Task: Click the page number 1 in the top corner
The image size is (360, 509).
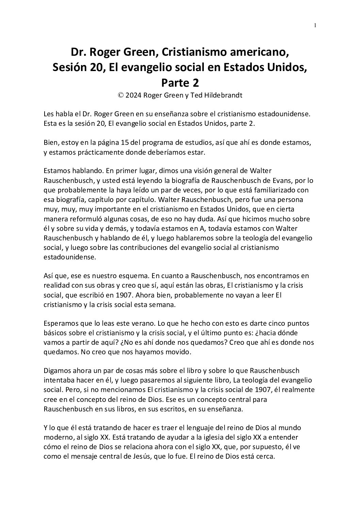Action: point(315,25)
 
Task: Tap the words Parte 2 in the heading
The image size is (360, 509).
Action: point(180,82)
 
